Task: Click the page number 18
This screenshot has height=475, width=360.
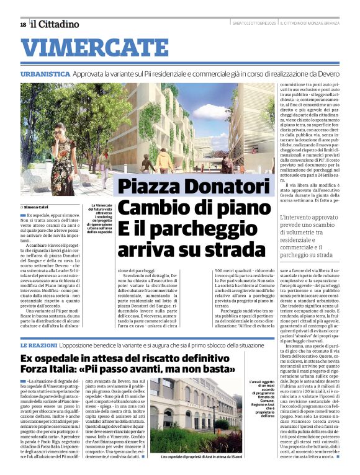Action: pyautogui.click(x=23, y=24)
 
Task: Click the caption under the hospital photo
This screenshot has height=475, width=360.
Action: pyautogui.click(x=198, y=457)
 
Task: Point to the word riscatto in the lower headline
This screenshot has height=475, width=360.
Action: pyautogui.click(x=160, y=358)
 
